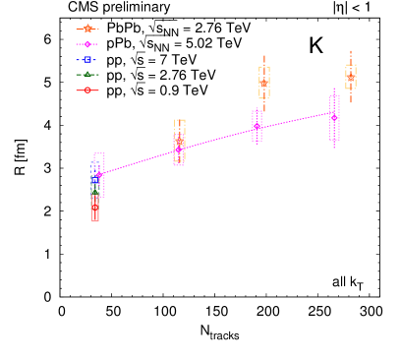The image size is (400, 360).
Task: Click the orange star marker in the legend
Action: pos(87,29)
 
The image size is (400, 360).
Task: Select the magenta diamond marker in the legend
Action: pos(87,44)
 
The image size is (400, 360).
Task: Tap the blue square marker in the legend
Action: pos(87,59)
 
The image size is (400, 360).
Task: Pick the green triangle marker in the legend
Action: pos(87,75)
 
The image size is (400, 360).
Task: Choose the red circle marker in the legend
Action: pos(87,90)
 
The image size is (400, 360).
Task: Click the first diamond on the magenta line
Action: pos(99,174)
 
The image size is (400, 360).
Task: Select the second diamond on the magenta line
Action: pos(179,150)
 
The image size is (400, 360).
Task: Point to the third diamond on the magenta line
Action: pos(257,126)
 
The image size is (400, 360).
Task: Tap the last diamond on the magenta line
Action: pos(334,117)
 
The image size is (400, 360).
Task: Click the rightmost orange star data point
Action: pos(351,77)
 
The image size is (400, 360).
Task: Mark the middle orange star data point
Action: pos(264,83)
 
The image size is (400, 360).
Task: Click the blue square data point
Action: pos(95,180)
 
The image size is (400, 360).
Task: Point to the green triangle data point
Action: pos(95,193)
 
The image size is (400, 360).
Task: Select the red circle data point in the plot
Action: pos(95,207)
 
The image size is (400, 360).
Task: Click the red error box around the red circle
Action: pos(95,217)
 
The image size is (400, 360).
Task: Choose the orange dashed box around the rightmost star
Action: pos(351,66)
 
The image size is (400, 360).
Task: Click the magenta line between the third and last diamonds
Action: pos(295,122)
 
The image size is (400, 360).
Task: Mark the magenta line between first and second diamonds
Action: pos(139,162)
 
